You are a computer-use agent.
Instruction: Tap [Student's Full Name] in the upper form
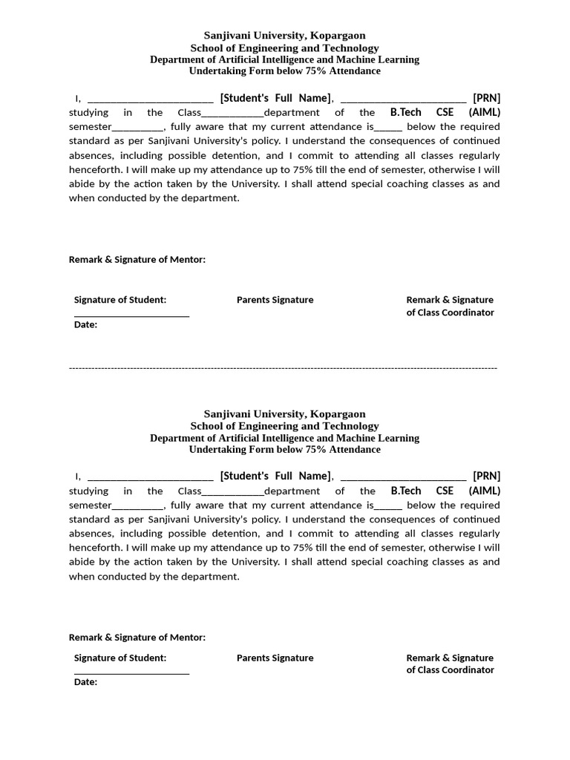point(275,98)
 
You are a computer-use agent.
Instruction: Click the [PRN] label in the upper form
point(486,98)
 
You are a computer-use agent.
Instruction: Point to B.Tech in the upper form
point(405,113)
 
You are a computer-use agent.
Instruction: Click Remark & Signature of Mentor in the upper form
point(137,260)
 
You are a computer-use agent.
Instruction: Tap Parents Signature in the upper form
point(275,300)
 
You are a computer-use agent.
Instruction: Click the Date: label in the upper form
point(85,324)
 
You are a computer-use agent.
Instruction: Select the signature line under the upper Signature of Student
point(131,316)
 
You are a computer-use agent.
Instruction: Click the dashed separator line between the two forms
point(283,367)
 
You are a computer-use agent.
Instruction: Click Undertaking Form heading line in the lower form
point(284,450)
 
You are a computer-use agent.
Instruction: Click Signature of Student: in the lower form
point(120,658)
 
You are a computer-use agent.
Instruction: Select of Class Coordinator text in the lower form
point(450,670)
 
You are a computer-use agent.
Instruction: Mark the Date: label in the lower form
point(85,682)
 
